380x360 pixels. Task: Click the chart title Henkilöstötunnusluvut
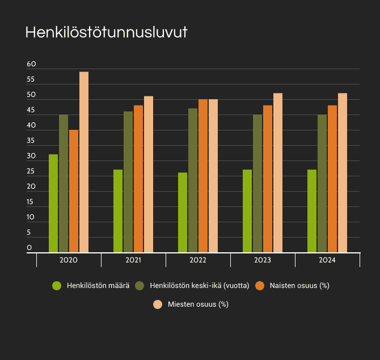(107, 32)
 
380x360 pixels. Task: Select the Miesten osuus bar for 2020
(84, 162)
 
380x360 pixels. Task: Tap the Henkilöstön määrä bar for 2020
(53, 204)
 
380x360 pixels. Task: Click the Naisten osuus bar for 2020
(74, 191)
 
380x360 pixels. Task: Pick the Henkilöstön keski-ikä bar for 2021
(128, 182)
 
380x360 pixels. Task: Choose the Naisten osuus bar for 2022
(203, 176)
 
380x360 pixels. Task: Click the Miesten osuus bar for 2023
(278, 173)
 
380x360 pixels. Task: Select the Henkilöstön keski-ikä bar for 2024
(322, 184)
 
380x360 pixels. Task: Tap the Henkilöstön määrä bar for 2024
(312, 211)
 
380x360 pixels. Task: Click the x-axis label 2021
(133, 260)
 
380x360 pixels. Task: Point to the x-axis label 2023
(263, 260)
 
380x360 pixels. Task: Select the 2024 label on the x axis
(327, 260)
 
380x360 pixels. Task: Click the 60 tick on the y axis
(31, 65)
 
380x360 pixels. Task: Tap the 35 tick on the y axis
(31, 141)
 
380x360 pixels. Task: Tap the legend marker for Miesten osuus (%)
(158, 304)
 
